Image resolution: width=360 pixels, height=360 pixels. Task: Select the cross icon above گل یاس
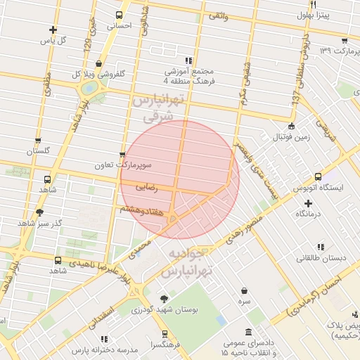pyautogui.click(x=53, y=30)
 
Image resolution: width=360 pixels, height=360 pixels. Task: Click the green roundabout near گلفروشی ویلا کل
pyautogui.click(x=89, y=89)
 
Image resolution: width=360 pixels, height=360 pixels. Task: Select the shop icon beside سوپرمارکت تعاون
pyautogui.click(x=122, y=155)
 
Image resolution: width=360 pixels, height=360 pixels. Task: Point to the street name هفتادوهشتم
pyautogui.click(x=142, y=209)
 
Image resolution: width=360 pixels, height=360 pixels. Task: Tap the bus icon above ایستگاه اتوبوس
pyautogui.click(x=319, y=176)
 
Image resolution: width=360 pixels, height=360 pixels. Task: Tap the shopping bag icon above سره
pyautogui.click(x=244, y=290)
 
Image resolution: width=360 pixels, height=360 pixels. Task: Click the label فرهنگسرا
pyautogui.click(x=164, y=345)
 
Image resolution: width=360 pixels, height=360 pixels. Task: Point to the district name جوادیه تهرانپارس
pyautogui.click(x=191, y=261)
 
